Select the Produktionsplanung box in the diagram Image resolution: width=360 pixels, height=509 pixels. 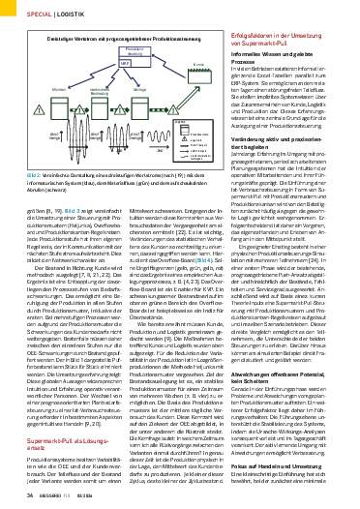pyautogui.click(x=135, y=48)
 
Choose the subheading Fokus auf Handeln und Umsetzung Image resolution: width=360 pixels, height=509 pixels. pyautogui.click(x=290, y=464)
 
